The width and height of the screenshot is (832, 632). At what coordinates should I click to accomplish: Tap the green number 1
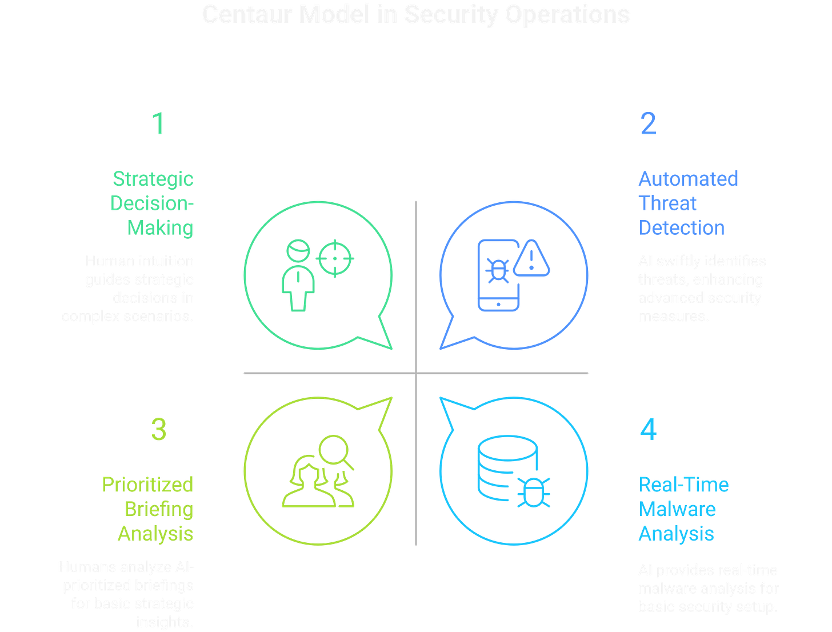pyautogui.click(x=158, y=123)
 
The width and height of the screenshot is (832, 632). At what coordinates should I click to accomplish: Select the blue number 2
pyautogui.click(x=648, y=123)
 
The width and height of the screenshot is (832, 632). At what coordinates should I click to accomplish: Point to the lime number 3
pyautogui.click(x=158, y=429)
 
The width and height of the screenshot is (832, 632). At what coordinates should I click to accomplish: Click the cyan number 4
pyautogui.click(x=648, y=429)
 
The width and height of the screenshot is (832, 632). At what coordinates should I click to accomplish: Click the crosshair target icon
pyautogui.click(x=335, y=259)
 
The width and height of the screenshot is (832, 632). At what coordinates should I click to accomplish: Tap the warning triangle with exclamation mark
pyautogui.click(x=531, y=260)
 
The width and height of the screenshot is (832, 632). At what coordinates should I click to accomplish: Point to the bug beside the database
pyautogui.click(x=534, y=493)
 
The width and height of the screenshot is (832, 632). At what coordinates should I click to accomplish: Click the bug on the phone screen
pyautogui.click(x=497, y=271)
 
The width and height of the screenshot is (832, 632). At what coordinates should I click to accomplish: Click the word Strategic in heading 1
pyautogui.click(x=153, y=179)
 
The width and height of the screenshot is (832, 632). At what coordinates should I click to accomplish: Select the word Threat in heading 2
pyautogui.click(x=667, y=203)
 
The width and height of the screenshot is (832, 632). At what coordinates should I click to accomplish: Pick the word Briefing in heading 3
pyautogui.click(x=159, y=509)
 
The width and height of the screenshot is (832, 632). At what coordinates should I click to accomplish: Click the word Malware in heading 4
pyautogui.click(x=677, y=509)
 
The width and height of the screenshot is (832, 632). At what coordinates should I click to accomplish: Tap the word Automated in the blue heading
pyautogui.click(x=688, y=179)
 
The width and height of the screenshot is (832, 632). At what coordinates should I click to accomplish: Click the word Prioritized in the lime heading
pyautogui.click(x=148, y=485)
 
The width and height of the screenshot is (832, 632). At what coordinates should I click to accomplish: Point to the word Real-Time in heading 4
pyautogui.click(x=683, y=485)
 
